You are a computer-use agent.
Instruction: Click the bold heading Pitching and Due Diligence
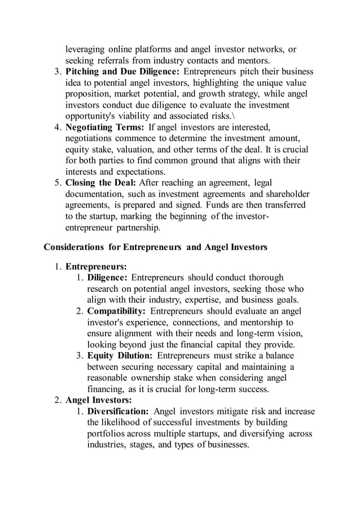tap(122, 72)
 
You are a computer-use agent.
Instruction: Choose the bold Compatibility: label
tap(116, 311)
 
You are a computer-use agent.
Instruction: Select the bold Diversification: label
tap(118, 411)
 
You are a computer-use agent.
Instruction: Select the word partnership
tap(135, 227)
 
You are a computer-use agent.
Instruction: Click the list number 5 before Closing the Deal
tap(58, 183)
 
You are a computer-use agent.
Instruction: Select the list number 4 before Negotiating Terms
tap(58, 127)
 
